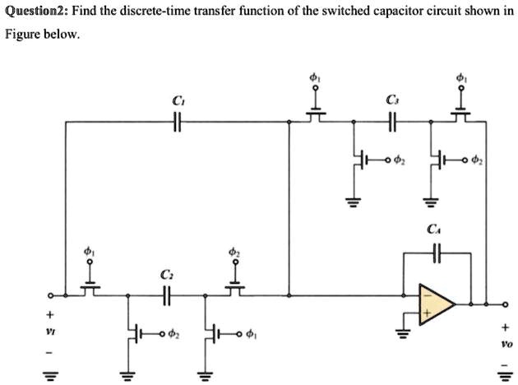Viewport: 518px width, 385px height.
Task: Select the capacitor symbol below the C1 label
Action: pyautogui.click(x=176, y=123)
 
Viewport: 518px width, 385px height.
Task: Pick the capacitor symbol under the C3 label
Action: pyautogui.click(x=391, y=123)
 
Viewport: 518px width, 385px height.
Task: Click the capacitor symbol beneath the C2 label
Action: pyautogui.click(x=167, y=295)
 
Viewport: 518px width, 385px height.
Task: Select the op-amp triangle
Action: pyautogui.click(x=436, y=304)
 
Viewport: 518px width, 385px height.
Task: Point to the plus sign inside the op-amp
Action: pyautogui.click(x=426, y=314)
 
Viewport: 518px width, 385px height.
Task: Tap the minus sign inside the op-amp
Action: pyautogui.click(x=425, y=294)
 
